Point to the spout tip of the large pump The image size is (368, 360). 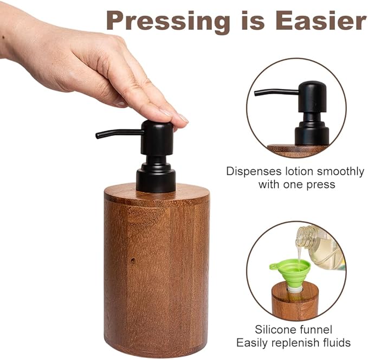click(x=98, y=135)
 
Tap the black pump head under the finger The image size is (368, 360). click(x=157, y=136)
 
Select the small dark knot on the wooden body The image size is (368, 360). click(x=132, y=261)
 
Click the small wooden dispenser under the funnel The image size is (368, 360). click(x=294, y=303)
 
